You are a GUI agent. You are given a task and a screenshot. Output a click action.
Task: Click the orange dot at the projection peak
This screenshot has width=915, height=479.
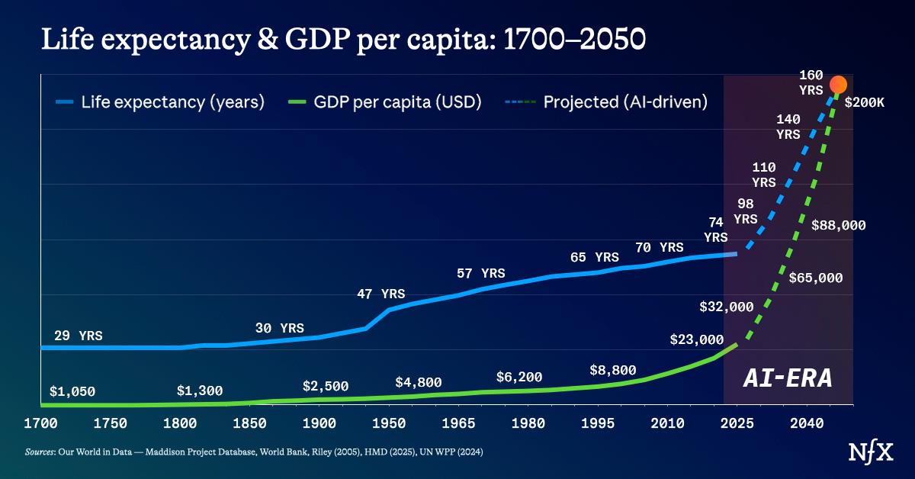(x=838, y=85)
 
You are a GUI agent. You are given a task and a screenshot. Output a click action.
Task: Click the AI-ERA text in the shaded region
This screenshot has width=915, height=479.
(x=788, y=378)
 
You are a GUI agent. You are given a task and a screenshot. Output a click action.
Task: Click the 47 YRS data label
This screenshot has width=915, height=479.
(x=381, y=294)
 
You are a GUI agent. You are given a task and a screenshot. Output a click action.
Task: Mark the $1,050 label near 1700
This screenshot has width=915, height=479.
(x=72, y=391)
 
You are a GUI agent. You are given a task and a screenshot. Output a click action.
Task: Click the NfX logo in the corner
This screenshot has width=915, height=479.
(x=867, y=452)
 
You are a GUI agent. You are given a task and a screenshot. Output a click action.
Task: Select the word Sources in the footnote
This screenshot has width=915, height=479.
(x=38, y=452)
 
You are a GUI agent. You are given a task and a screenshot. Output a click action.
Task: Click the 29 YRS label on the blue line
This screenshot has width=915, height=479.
(x=79, y=336)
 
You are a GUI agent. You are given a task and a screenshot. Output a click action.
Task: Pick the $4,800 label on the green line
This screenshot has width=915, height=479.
(x=418, y=382)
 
